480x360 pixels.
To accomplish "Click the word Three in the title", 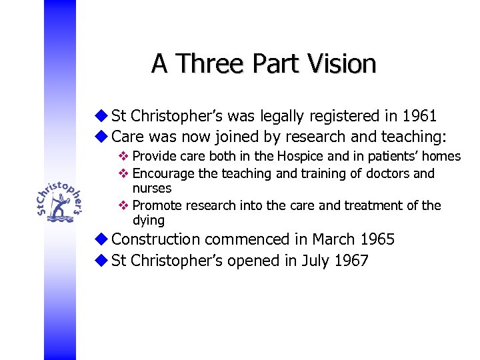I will click(x=207, y=64).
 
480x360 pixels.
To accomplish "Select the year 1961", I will click(x=420, y=116).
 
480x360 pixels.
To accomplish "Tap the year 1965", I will click(x=377, y=239).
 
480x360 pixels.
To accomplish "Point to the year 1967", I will click(x=351, y=261).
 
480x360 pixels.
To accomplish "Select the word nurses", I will click(x=152, y=189).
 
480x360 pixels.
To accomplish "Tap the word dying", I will click(x=148, y=221).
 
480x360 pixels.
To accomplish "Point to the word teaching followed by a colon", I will click(x=407, y=137).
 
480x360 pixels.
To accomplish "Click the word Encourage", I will click(x=163, y=173).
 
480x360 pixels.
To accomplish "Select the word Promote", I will click(x=157, y=205).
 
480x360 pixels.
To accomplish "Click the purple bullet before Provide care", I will click(x=123, y=157).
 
